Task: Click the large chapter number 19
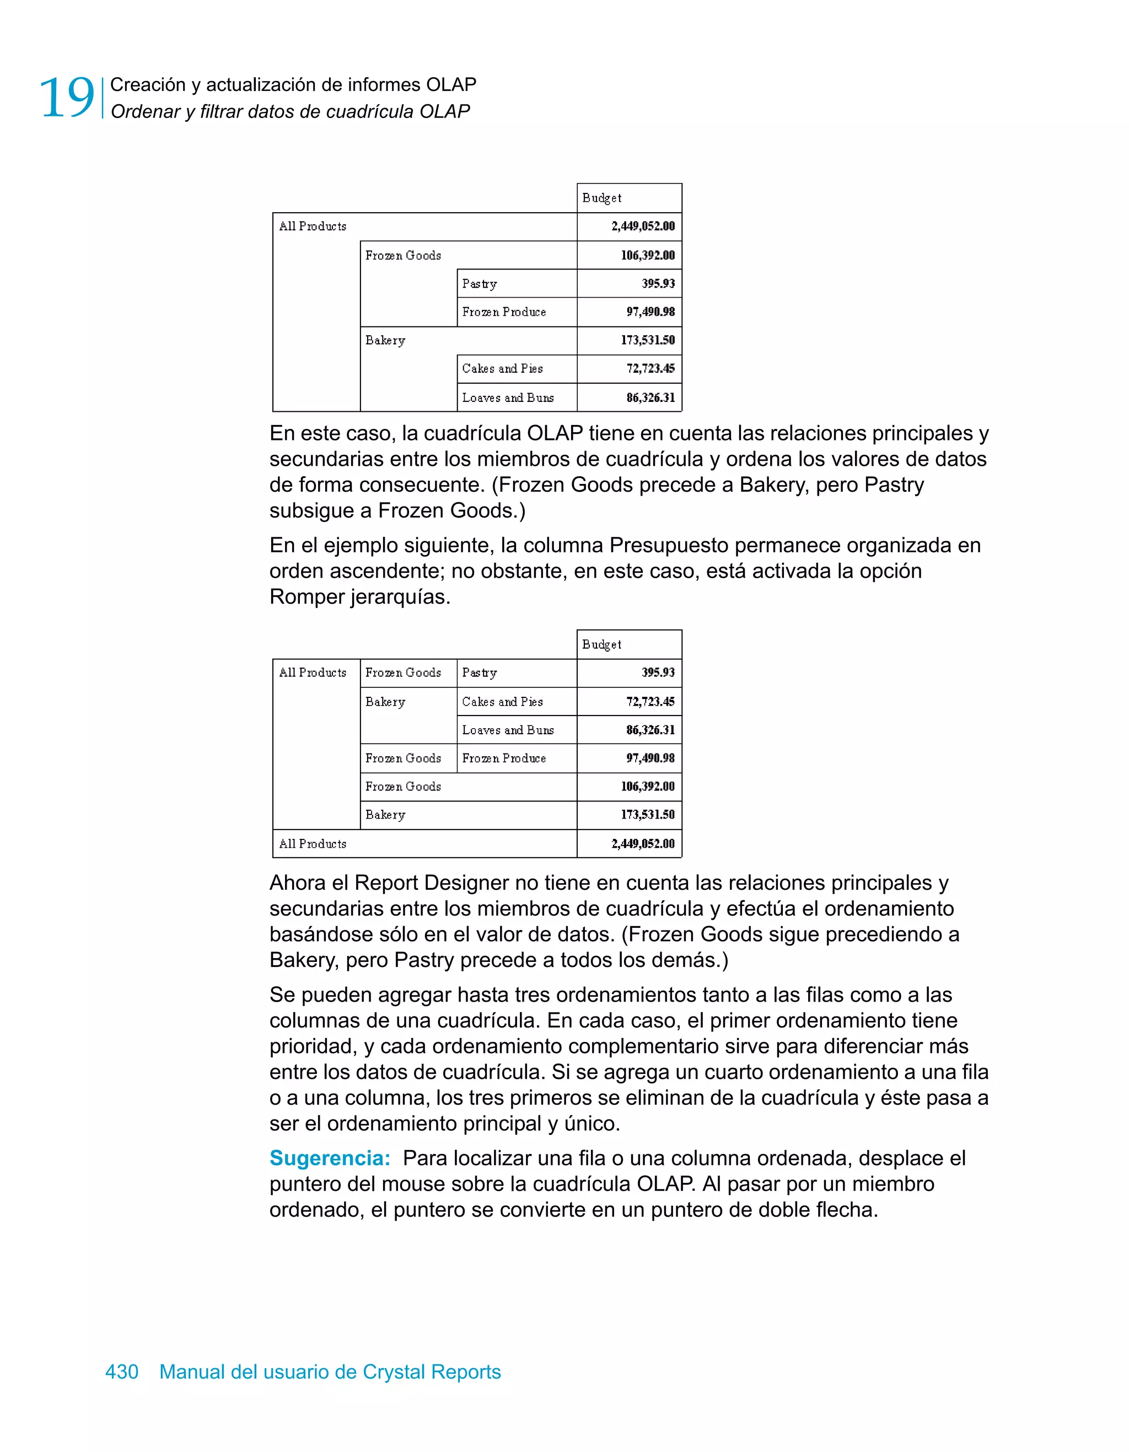pyautogui.click(x=67, y=98)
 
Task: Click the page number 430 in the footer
pyautogui.click(x=122, y=1372)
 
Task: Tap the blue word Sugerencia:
pyautogui.click(x=330, y=1158)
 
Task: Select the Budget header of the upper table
pyautogui.click(x=602, y=197)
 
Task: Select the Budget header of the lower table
pyautogui.click(x=602, y=644)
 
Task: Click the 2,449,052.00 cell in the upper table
pyautogui.click(x=642, y=226)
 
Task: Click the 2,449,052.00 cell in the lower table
pyautogui.click(x=642, y=843)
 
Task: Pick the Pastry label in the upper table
pyautogui.click(x=480, y=284)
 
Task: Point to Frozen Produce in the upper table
pyautogui.click(x=504, y=312)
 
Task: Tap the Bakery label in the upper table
pyautogui.click(x=385, y=340)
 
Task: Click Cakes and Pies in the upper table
pyautogui.click(x=503, y=368)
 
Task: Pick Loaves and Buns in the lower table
pyautogui.click(x=508, y=730)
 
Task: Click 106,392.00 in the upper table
pyautogui.click(x=647, y=255)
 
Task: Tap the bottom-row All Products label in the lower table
pyautogui.click(x=313, y=843)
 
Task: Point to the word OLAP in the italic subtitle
pyautogui.click(x=444, y=112)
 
